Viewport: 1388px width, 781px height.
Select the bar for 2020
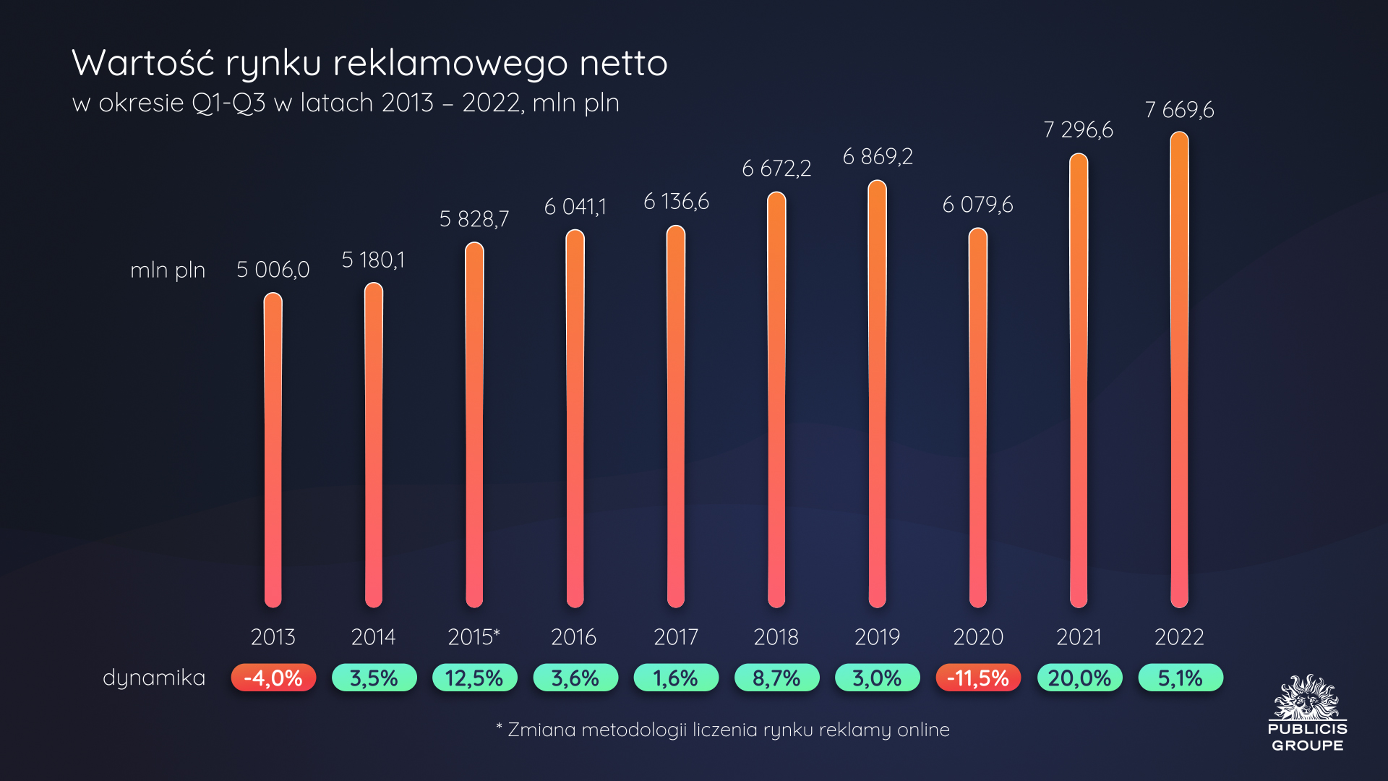click(x=977, y=418)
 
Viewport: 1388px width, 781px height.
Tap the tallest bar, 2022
click(x=1179, y=369)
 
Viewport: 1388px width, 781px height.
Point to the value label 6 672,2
click(x=776, y=168)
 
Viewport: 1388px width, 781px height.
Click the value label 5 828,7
click(x=474, y=219)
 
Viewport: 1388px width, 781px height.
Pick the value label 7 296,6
click(x=1078, y=130)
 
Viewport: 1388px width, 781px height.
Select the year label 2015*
click(x=474, y=637)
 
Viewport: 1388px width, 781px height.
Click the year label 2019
click(x=877, y=637)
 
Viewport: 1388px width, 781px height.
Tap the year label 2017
click(x=676, y=637)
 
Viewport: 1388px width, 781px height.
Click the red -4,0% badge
click(x=273, y=678)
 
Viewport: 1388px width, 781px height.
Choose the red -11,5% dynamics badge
click(x=977, y=678)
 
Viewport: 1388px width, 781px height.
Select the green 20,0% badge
click(x=1079, y=678)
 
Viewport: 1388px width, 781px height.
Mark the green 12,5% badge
click(x=474, y=678)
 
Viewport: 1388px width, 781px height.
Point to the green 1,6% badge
click(x=676, y=678)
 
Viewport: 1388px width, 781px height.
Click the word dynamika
click(x=154, y=678)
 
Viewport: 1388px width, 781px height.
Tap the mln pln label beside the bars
click(x=168, y=270)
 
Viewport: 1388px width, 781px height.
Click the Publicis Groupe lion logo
click(x=1307, y=698)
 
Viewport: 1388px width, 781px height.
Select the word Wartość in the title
click(x=143, y=63)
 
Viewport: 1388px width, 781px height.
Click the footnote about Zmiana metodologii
click(x=723, y=730)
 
